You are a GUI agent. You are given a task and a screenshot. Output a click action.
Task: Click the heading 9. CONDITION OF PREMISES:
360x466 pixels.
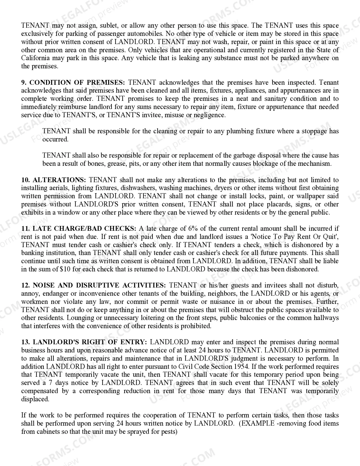(73, 82)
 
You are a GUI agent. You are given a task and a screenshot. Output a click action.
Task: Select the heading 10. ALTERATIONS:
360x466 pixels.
(54, 180)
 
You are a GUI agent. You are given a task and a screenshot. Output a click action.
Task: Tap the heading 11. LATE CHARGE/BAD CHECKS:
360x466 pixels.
(79, 228)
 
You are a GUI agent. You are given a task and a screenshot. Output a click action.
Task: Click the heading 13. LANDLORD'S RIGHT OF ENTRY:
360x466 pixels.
(84, 342)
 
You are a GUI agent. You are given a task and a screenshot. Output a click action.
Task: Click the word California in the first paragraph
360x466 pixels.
(35, 58)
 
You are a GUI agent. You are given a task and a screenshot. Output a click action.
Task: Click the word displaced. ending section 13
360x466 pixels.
(35, 399)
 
